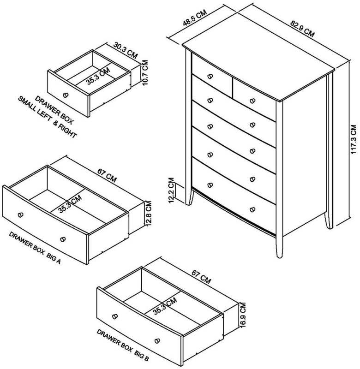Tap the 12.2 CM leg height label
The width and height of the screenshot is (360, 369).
coord(171,190)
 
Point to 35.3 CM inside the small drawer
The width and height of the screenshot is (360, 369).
coord(98,77)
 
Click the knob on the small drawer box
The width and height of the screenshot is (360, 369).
coord(65,95)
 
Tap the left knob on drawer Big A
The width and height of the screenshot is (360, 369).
coord(20,214)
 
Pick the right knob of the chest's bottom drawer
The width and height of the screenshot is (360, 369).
coord(252,210)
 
